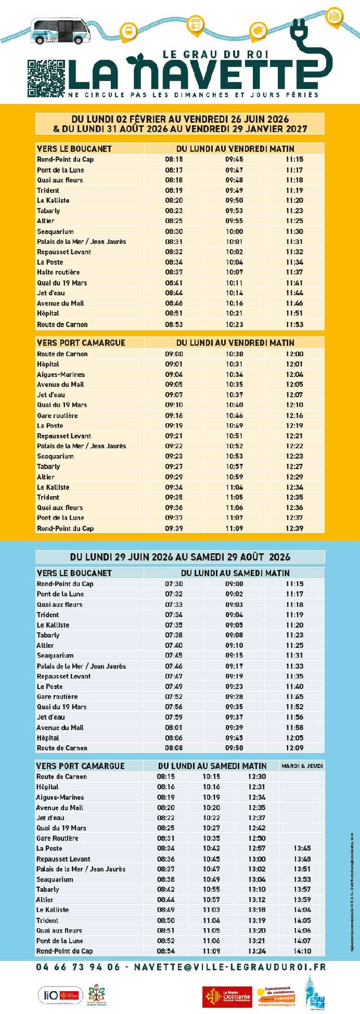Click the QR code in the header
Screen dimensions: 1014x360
[x=46, y=79]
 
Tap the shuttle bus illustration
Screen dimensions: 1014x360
[x=59, y=32]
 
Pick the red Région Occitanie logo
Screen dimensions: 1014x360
[x=227, y=996]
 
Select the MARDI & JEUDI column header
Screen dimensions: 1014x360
[x=302, y=765]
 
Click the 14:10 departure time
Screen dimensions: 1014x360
[x=302, y=951]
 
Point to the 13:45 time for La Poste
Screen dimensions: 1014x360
[x=302, y=848]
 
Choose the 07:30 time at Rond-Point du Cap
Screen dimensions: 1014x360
[x=174, y=583]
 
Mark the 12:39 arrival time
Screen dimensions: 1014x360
[x=294, y=528]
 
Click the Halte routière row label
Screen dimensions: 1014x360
[x=58, y=272]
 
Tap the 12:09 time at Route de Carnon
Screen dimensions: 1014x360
[x=294, y=748]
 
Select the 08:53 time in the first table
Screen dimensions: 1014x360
[x=174, y=324]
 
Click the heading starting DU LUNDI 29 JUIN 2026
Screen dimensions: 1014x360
[x=180, y=557]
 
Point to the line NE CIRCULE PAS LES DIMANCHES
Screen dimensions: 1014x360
[x=193, y=95]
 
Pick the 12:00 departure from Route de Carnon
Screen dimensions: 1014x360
[x=294, y=354]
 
